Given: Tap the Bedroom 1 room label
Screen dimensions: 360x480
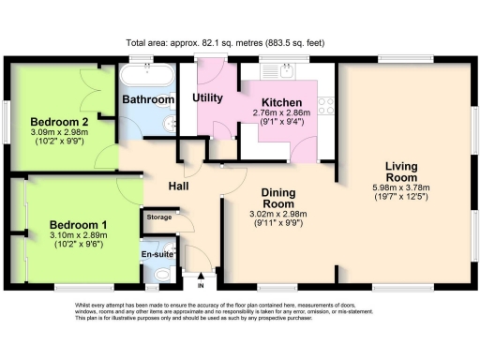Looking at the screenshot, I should pos(78,224).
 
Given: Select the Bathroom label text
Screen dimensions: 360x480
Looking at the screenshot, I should pos(148,99).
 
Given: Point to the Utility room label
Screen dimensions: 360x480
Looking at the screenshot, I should pos(207,97).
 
